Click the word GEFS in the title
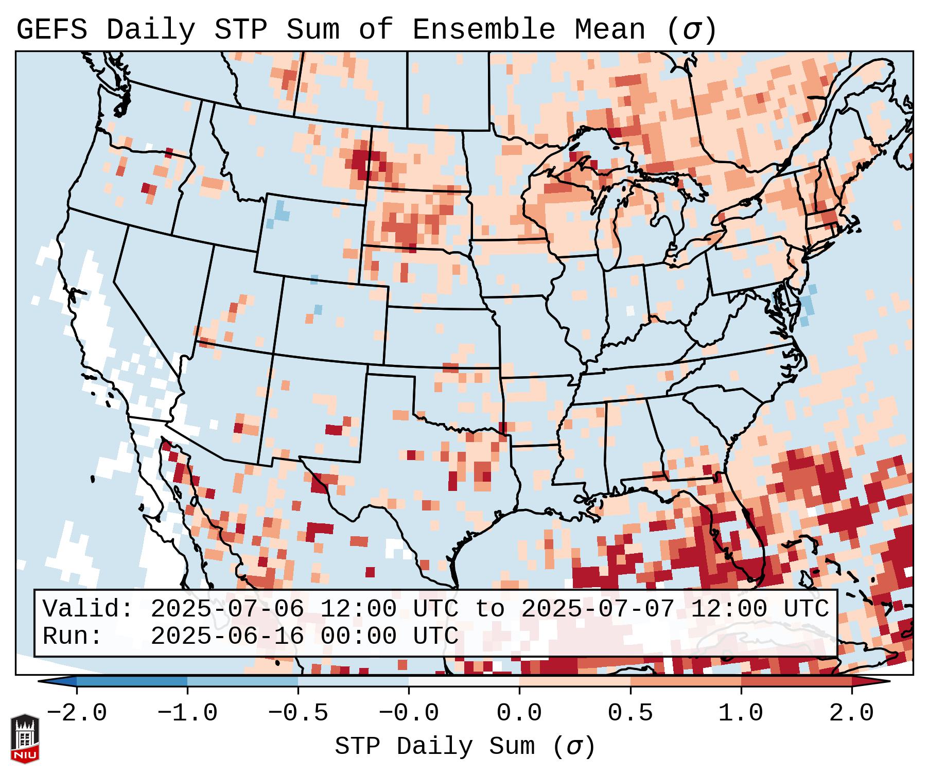tap(51, 30)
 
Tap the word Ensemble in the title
tap(484, 30)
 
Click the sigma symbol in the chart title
tap(691, 30)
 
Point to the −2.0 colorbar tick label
tap(77, 713)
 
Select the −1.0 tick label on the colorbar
tap(187, 713)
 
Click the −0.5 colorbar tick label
tap(298, 713)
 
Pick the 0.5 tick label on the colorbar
tap(631, 713)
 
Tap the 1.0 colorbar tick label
tap(741, 713)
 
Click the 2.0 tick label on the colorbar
tap(852, 713)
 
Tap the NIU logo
tap(25, 738)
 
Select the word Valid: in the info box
tap(88, 609)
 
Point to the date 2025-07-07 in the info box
tap(598, 609)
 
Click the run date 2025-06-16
tap(227, 636)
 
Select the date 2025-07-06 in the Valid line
tap(227, 609)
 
